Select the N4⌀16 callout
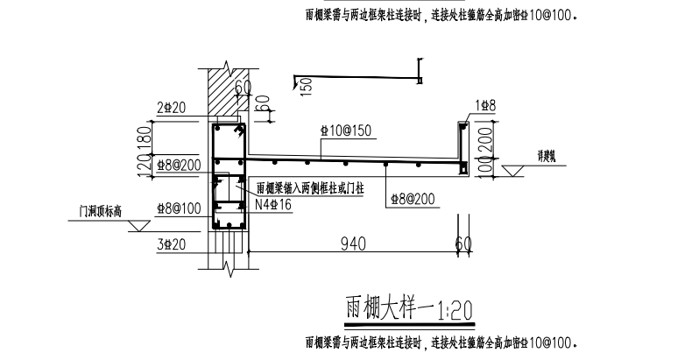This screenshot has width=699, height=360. coord(272,205)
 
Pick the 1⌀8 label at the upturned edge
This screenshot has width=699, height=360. coord(486,105)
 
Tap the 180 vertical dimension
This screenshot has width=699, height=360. coord(148,135)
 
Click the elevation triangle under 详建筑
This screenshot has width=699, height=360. coord(512,170)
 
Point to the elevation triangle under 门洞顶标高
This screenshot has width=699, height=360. coord(138,225)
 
